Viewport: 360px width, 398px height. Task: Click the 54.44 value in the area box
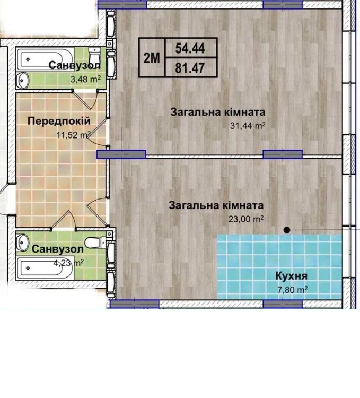pyautogui.click(x=190, y=48)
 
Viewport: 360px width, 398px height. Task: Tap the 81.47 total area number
pyautogui.click(x=190, y=68)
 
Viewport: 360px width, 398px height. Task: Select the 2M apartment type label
pyautogui.click(x=152, y=58)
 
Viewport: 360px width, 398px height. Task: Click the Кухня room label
pyautogui.click(x=291, y=276)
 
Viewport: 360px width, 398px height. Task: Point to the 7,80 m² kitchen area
pyautogui.click(x=293, y=289)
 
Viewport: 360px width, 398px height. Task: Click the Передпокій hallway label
pyautogui.click(x=59, y=121)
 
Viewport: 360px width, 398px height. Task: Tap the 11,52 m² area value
pyautogui.click(x=74, y=135)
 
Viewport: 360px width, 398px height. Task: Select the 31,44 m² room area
pyautogui.click(x=248, y=125)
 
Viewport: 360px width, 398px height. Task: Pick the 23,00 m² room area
pyautogui.click(x=246, y=219)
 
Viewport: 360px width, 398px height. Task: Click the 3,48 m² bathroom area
pyautogui.click(x=85, y=79)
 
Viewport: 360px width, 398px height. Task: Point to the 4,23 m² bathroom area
pyautogui.click(x=68, y=263)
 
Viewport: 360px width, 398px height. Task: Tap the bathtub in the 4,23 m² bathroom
pyautogui.click(x=45, y=268)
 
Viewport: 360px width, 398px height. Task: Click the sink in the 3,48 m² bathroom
pyautogui.click(x=23, y=81)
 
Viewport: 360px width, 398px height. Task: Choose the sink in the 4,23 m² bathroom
pyautogui.click(x=23, y=243)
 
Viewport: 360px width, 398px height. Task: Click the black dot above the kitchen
pyautogui.click(x=287, y=230)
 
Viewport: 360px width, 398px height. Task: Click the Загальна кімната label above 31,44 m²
pyautogui.click(x=218, y=112)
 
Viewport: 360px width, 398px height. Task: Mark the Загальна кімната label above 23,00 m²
pyautogui.click(x=216, y=205)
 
